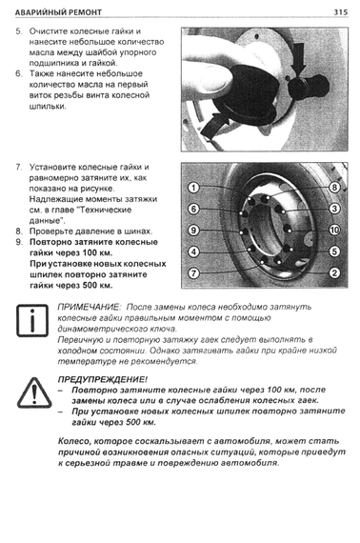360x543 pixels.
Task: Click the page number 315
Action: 340,12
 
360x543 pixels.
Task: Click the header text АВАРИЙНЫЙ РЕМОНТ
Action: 58,12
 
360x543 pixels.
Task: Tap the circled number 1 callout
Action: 193,188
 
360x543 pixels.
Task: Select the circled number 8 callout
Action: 334,188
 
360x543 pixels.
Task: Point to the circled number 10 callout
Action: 334,230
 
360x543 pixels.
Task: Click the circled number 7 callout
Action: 193,273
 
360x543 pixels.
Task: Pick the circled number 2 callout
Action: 334,272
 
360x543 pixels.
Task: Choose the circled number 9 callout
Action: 193,231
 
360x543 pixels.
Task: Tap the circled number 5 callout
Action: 334,251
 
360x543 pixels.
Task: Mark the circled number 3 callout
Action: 334,209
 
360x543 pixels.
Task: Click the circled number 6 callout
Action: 193,210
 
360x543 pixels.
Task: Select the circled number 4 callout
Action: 193,251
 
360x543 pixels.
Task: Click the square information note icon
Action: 32,320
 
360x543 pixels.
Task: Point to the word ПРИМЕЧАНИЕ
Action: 90,307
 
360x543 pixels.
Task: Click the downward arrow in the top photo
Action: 298,60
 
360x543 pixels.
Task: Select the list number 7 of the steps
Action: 19,168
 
